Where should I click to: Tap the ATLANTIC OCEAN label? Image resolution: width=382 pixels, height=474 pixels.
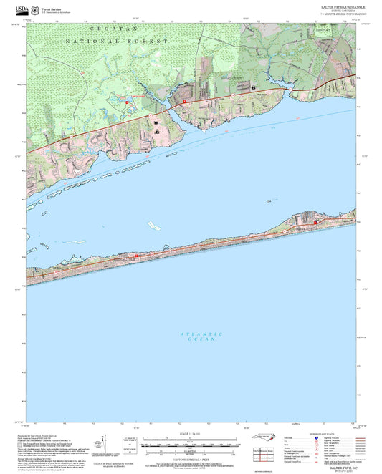[x=202, y=337]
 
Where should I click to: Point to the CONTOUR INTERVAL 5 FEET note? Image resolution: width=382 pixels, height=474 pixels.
[x=191, y=459]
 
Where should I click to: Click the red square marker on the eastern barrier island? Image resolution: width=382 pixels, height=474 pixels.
[x=315, y=223]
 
